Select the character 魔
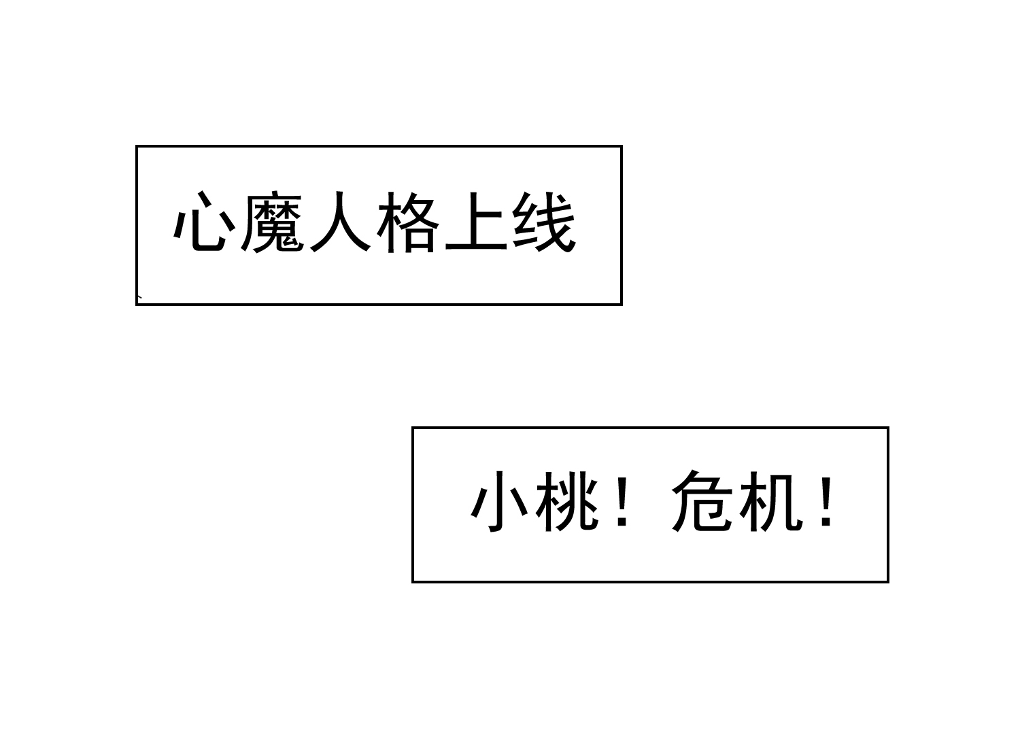tap(272, 222)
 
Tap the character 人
tap(340, 221)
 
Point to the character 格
tap(408, 222)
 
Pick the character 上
tap(476, 221)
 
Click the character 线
tap(544, 222)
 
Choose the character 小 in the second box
tap(500, 501)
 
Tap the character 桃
tap(567, 501)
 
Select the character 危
tap(702, 501)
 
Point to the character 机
tap(771, 502)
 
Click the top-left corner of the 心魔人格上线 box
tap(136, 146)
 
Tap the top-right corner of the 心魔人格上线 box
tap(622, 146)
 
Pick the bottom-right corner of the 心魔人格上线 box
tap(622, 304)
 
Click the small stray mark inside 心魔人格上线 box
tap(140, 297)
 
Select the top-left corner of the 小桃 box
tap(412, 427)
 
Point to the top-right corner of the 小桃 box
tap(888, 427)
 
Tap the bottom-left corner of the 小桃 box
tap(412, 582)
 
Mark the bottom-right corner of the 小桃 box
tap(888, 582)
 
